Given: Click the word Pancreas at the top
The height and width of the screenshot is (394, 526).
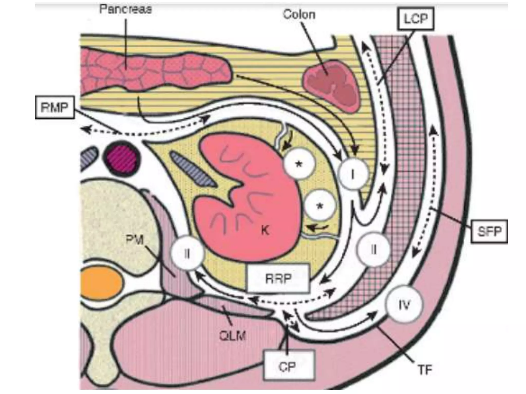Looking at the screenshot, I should point(125,9).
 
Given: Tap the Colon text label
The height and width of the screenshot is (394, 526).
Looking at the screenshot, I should point(299,14).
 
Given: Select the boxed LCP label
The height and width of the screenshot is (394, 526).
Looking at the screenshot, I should point(416,18).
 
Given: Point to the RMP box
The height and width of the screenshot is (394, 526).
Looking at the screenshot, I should point(54,107).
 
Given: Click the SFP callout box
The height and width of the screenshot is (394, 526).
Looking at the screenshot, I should point(489,231).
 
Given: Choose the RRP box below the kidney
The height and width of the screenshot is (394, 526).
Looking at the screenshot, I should point(278,279).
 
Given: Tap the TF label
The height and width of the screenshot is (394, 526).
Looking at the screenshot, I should point(425,370).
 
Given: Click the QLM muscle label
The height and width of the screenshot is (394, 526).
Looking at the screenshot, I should point(232,336).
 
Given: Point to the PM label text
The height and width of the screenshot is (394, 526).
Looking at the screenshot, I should point(135,240).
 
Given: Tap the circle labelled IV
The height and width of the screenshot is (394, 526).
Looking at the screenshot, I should point(404,305).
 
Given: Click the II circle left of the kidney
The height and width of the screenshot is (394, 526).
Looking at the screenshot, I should point(187,253).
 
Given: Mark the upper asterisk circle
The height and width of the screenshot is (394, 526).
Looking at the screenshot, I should point(299,164).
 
